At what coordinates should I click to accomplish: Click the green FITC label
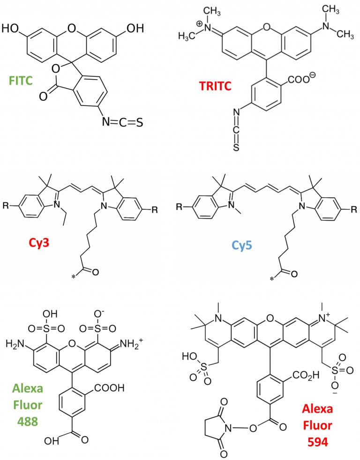(21, 81)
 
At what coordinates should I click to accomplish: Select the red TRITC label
(215, 86)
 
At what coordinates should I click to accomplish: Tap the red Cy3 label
(39, 243)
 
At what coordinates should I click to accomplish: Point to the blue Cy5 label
(242, 245)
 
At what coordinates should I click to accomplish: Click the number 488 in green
(28, 422)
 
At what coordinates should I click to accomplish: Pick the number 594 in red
(318, 442)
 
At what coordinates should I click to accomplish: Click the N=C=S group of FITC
(122, 122)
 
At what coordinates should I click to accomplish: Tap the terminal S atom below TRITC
(236, 147)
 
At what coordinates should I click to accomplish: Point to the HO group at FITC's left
(10, 29)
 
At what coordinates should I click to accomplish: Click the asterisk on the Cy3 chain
(74, 276)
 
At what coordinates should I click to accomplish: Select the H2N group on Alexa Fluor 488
(15, 343)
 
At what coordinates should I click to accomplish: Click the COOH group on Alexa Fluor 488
(109, 388)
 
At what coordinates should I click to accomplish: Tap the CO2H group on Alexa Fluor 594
(305, 375)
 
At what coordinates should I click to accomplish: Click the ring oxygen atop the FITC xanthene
(71, 29)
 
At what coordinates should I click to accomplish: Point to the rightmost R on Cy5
(354, 209)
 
